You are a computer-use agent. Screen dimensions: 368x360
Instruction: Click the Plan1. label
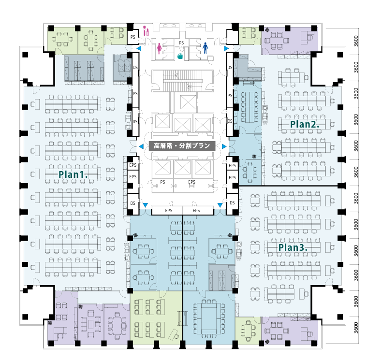pyautogui.click(x=73, y=174)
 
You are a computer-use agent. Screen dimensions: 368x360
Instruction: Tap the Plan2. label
pyautogui.click(x=305, y=124)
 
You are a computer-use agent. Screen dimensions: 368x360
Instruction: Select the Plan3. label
pyautogui.click(x=293, y=247)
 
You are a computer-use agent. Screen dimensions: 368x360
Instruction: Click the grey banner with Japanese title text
pyautogui.click(x=182, y=146)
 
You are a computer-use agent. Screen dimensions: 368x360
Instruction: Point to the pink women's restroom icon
pyautogui.click(x=160, y=48)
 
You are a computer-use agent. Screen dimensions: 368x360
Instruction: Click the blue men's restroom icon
pyautogui.click(x=206, y=48)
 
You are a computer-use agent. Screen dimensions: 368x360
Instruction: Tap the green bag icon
pyautogui.click(x=180, y=56)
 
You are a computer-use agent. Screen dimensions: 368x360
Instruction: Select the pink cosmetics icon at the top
pyautogui.click(x=146, y=30)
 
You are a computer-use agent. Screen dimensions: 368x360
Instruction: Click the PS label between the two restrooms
pyautogui.click(x=181, y=43)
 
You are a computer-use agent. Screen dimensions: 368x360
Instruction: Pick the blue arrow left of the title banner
pyautogui.click(x=141, y=146)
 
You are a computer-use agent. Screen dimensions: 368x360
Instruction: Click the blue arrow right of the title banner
pyautogui.click(x=224, y=146)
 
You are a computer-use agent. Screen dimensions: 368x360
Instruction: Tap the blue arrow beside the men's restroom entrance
pyautogui.click(x=226, y=48)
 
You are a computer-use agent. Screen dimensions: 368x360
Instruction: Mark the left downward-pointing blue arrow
pyautogui.click(x=145, y=205)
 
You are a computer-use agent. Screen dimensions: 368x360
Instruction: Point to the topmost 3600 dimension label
pyautogui.click(x=356, y=41)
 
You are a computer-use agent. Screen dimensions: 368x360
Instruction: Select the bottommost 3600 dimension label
pyautogui.click(x=356, y=328)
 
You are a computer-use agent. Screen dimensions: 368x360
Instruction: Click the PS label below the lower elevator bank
pyautogui.click(x=162, y=182)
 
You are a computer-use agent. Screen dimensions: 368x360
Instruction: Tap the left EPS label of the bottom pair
pyautogui.click(x=168, y=211)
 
